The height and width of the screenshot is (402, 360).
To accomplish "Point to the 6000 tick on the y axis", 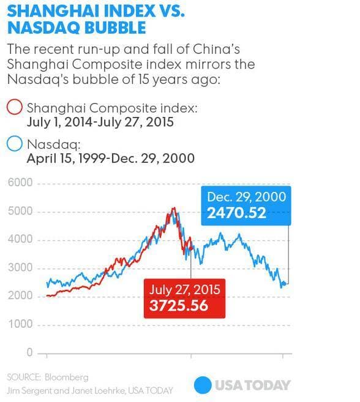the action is click(20, 183).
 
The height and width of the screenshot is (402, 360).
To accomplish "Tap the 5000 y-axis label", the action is click(20, 211).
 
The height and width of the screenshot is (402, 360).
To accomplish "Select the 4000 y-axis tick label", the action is click(20, 239).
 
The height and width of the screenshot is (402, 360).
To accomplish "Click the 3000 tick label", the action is click(20, 268).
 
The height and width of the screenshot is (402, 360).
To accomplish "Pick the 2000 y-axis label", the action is click(20, 296).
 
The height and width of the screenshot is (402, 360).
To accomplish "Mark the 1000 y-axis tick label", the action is click(20, 324).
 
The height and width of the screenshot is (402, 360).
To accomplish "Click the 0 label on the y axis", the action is click(29, 352).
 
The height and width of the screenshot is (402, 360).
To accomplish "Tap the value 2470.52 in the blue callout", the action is click(236, 213).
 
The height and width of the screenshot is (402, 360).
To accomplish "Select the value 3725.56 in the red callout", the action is click(179, 306).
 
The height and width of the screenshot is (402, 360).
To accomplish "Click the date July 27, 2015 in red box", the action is click(184, 290).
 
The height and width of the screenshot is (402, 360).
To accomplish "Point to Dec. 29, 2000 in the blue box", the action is click(247, 197).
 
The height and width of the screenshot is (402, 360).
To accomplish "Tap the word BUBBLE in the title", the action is click(115, 28).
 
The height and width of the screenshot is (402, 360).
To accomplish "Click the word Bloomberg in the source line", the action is click(67, 377).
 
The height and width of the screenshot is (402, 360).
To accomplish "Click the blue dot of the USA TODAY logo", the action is click(203, 385).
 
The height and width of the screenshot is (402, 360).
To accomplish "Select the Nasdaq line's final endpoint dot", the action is click(284, 284).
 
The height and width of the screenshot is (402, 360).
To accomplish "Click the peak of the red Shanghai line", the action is click(174, 207).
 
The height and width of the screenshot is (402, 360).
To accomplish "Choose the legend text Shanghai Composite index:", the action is click(112, 108).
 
